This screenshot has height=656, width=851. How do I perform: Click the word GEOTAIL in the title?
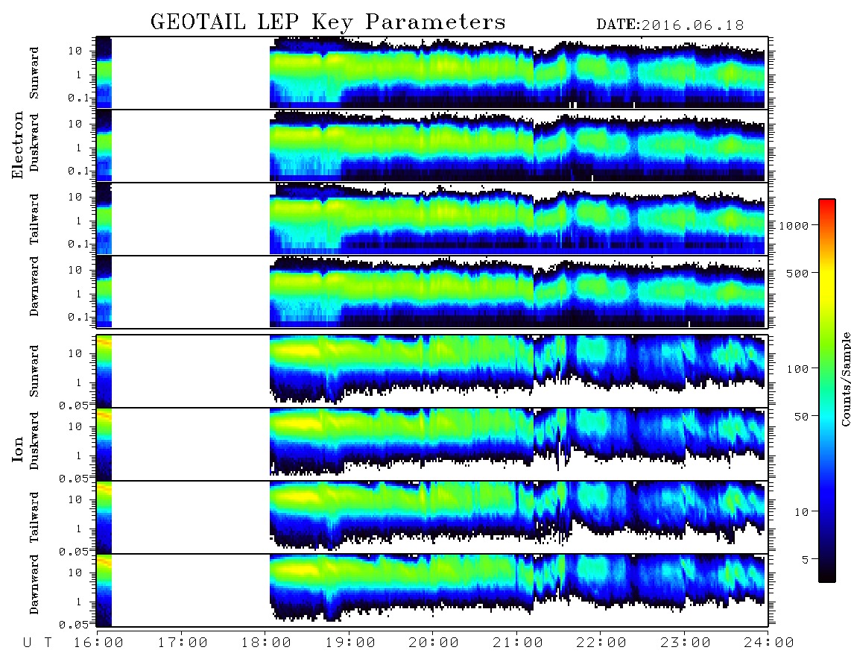[x=198, y=22]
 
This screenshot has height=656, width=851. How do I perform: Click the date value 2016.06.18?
[x=692, y=25]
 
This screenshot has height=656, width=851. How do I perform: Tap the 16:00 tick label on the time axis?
[x=98, y=643]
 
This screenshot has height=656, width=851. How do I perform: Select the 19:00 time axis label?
[x=350, y=643]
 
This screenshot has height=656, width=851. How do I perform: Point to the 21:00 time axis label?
[x=518, y=643]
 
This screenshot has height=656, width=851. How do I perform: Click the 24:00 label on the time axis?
[x=769, y=643]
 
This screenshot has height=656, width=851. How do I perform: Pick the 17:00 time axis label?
[x=183, y=643]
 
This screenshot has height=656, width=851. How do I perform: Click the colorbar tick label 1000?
[x=794, y=226]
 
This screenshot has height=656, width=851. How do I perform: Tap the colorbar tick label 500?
[x=797, y=273]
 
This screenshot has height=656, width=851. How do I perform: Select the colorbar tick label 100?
[x=797, y=369]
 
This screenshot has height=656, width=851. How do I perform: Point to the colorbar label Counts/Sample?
[x=845, y=379]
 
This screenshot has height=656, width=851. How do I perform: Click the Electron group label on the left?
[x=17, y=145]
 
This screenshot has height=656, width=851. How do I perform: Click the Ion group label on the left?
[x=17, y=449]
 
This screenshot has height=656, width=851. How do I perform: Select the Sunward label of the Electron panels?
[x=34, y=73]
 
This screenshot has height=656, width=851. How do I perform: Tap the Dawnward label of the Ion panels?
[x=34, y=584]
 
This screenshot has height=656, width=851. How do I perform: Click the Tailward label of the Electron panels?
[x=34, y=219]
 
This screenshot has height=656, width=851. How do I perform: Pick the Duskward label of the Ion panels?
[x=34, y=441]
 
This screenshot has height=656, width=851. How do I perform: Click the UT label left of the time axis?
[x=37, y=643]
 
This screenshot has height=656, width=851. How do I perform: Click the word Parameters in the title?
[x=435, y=22]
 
